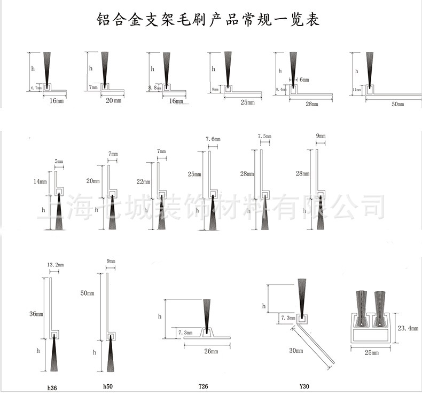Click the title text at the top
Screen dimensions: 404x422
point(208,20)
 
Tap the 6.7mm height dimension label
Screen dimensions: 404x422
point(36,88)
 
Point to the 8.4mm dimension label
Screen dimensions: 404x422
point(280,90)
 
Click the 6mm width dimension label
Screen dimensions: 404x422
point(304,79)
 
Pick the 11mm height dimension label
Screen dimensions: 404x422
point(357,90)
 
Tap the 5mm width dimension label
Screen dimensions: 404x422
point(59,161)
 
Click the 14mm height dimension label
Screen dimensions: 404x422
point(40,181)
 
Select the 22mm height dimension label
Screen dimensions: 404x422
point(143,181)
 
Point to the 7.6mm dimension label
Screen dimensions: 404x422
point(213,139)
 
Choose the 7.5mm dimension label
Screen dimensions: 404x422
point(264,136)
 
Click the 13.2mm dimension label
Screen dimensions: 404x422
point(56,265)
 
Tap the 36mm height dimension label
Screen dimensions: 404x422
point(36,314)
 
